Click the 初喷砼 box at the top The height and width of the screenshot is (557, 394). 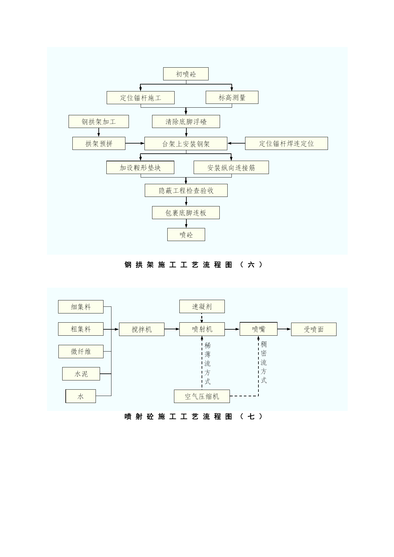point(186,74)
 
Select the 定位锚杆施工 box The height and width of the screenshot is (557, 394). point(141,97)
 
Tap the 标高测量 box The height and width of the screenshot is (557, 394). point(232,97)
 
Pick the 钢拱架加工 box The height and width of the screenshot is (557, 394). point(99,122)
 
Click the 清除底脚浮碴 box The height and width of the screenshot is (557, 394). point(186,122)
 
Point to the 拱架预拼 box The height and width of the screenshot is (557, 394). point(99,144)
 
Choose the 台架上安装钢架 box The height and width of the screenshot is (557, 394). point(186,144)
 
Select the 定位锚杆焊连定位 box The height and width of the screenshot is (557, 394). point(286,144)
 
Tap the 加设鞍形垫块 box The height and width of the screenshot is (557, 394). point(140,167)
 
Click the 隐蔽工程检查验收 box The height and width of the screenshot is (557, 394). point(186,190)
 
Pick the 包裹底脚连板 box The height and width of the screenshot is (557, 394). point(186,212)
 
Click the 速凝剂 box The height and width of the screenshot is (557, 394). point(202,306)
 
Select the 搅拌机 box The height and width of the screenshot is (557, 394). point(142,329)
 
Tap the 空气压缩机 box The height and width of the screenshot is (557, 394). point(202,396)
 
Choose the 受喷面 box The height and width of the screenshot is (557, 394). point(314,329)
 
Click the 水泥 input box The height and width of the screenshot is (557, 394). point(81,374)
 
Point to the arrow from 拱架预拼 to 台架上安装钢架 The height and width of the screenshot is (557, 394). point(135,144)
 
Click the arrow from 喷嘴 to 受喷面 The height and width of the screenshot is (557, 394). point(284,329)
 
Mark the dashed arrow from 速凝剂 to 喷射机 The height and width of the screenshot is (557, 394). point(202,318)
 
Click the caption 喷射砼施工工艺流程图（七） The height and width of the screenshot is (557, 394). point(194,417)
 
